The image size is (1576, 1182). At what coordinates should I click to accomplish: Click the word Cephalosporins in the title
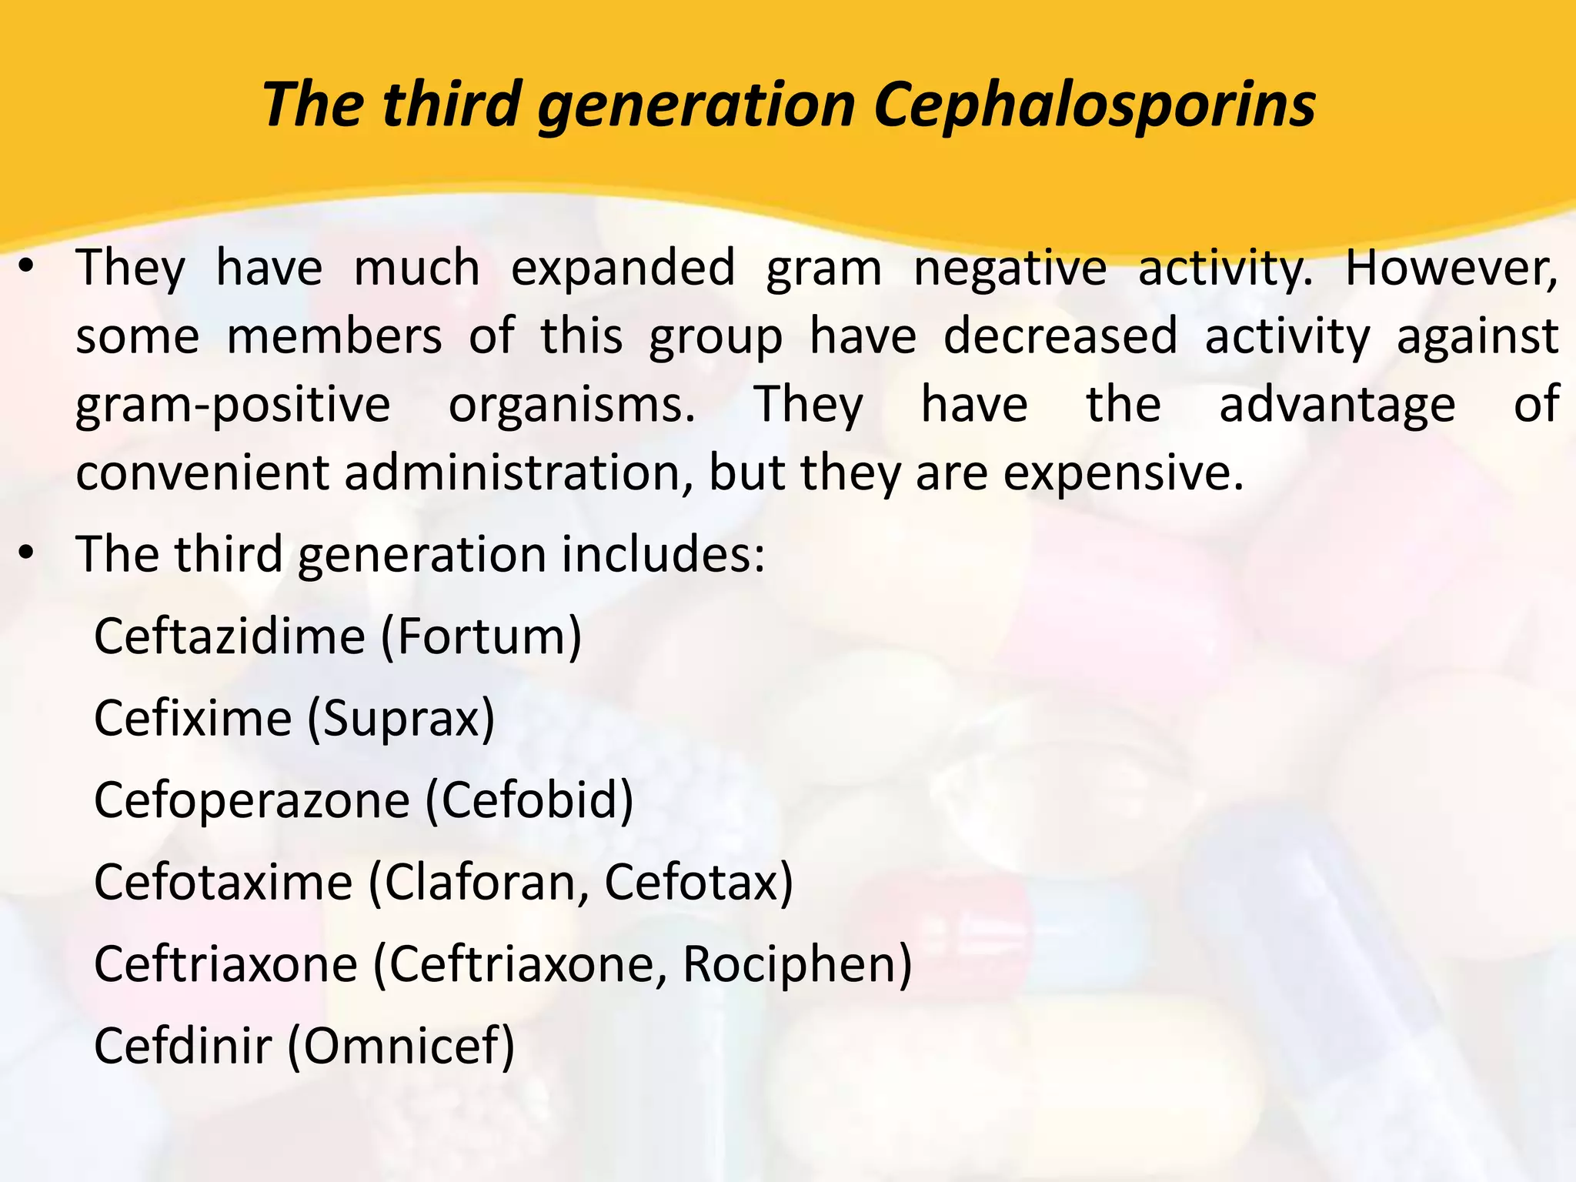(x=1094, y=105)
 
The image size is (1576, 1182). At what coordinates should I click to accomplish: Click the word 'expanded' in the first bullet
(x=623, y=269)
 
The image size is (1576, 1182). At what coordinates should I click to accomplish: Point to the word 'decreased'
(x=1060, y=336)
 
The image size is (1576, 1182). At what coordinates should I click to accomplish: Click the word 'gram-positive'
(x=233, y=406)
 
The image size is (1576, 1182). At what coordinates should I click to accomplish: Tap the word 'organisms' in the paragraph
(x=571, y=406)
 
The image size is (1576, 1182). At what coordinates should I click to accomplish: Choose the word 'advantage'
(x=1337, y=406)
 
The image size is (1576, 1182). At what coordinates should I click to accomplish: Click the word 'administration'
(x=512, y=472)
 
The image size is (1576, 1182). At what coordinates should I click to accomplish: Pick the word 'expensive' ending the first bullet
(x=1123, y=472)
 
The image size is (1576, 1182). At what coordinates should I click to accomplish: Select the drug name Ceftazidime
(x=229, y=636)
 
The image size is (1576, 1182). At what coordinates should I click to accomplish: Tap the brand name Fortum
(x=481, y=636)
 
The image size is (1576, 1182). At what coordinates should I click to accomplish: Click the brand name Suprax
(x=400, y=719)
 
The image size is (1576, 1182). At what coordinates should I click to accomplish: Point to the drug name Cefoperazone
(x=252, y=800)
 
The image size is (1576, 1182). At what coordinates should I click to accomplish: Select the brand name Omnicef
(x=401, y=1046)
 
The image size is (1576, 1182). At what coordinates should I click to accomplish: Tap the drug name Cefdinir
(x=183, y=1046)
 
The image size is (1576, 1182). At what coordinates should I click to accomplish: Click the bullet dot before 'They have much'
(x=27, y=269)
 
